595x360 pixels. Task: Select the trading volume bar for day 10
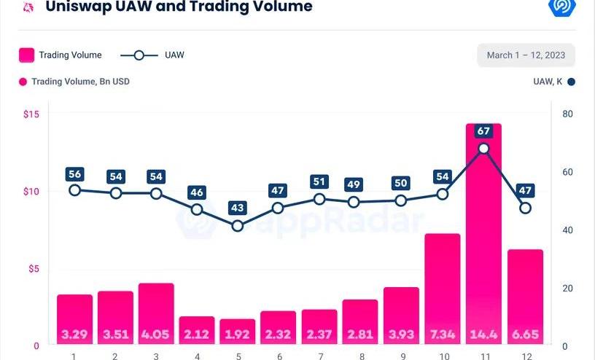pyautogui.click(x=443, y=288)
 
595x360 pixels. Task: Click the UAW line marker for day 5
pyautogui.click(x=238, y=226)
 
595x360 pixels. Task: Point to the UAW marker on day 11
pyautogui.click(x=483, y=149)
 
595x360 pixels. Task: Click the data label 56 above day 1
pyautogui.click(x=74, y=173)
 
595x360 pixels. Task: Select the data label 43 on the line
pyautogui.click(x=238, y=208)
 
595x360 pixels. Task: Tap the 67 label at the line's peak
pyautogui.click(x=483, y=131)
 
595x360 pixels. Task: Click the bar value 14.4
pyautogui.click(x=483, y=334)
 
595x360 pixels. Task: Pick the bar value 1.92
pyautogui.click(x=238, y=334)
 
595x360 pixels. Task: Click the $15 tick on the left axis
pyautogui.click(x=31, y=114)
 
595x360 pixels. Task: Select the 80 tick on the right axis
pyautogui.click(x=568, y=114)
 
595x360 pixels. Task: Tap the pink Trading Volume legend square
pyautogui.click(x=26, y=55)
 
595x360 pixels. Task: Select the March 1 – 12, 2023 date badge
pyautogui.click(x=526, y=55)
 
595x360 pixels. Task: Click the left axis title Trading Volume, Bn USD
pyautogui.click(x=80, y=82)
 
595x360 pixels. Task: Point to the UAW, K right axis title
pyautogui.click(x=548, y=82)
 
